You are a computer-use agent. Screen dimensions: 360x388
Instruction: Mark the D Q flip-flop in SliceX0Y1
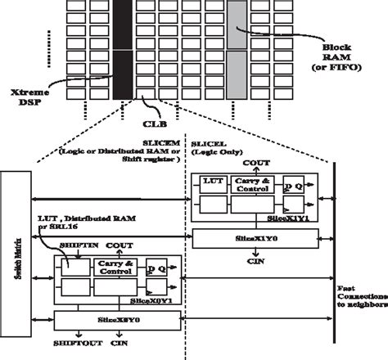click(x=156, y=268)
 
